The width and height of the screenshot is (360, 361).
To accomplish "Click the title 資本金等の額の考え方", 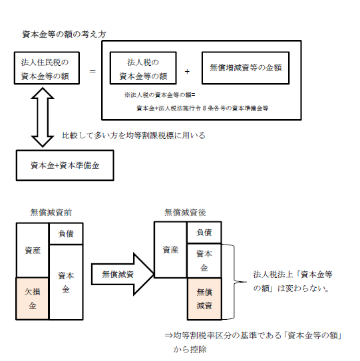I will (64, 34).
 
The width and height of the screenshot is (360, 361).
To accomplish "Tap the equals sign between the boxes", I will (92, 70).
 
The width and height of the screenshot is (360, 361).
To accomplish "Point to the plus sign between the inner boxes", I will (188, 70).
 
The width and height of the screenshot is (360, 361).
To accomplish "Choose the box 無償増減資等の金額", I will (246, 69).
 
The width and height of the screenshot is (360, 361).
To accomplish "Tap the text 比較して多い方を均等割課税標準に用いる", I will (133, 136).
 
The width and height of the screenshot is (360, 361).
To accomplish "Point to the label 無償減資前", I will (51, 212).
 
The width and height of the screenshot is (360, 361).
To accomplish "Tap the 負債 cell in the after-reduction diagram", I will (204, 232).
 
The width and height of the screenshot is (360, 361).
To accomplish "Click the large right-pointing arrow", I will (118, 273).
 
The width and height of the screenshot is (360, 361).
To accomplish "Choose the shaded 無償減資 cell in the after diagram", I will (203, 299).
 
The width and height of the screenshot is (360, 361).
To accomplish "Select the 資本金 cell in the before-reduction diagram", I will (66, 283).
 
